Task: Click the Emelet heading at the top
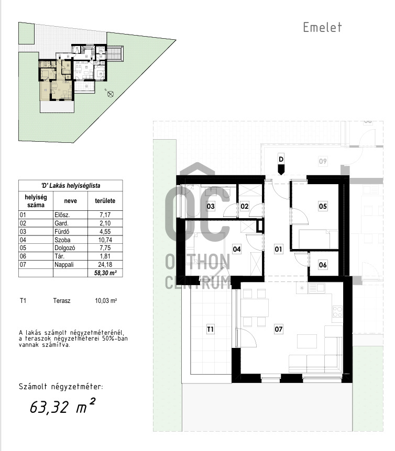coord(322,27)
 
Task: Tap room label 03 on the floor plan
coord(211,206)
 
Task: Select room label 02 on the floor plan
coord(245,206)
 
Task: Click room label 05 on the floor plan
coord(323,206)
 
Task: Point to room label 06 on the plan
coord(323,265)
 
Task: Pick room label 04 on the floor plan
coord(237,249)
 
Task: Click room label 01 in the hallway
coord(278,249)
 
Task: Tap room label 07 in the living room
coord(278,329)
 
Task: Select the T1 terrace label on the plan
coord(211,329)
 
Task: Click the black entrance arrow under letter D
coord(281,170)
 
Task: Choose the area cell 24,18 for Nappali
coord(105,265)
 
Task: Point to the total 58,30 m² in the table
coord(105,273)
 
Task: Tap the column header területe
coord(105,201)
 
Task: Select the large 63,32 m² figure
coord(62,406)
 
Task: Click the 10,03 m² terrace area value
coord(106,301)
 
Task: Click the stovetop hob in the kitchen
coord(337,311)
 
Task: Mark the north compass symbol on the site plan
coord(110,94)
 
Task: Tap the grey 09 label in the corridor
coord(323,161)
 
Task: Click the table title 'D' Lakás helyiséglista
coord(71,186)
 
